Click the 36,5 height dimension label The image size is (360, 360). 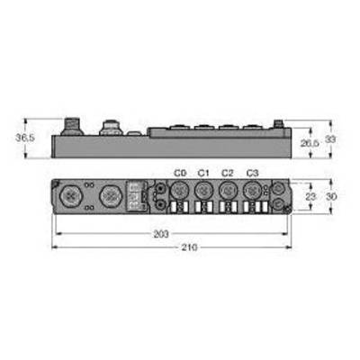pyautogui.click(x=25, y=138)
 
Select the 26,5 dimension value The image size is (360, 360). pyautogui.click(x=310, y=143)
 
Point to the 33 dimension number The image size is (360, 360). pyautogui.click(x=330, y=139)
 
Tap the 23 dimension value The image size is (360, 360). pyautogui.click(x=310, y=196)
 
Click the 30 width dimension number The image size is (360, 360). pyautogui.click(x=331, y=196)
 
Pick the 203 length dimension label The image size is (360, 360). pyautogui.click(x=161, y=234)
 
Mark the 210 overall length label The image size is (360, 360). pyautogui.click(x=189, y=247)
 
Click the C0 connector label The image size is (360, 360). pyautogui.click(x=180, y=173)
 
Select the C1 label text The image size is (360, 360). pyautogui.click(x=203, y=173)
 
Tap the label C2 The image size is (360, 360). pyautogui.click(x=227, y=173)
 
